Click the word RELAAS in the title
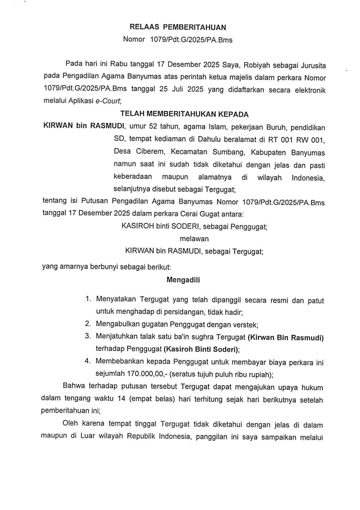coord(144,27)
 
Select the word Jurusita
coord(313,65)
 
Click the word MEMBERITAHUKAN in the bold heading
coord(181,114)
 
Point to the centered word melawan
coord(194,239)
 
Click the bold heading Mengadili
coord(183,280)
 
